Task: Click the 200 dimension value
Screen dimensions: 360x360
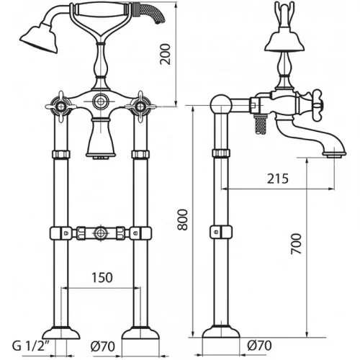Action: tap(166, 54)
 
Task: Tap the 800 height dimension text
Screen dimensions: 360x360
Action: tap(182, 220)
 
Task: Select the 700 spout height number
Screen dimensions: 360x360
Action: tap(296, 244)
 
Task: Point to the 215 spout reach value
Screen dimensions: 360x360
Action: tap(278, 179)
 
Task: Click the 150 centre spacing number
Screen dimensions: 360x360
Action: tap(102, 277)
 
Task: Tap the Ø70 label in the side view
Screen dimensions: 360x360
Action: tap(259, 346)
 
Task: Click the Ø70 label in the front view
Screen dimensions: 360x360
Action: tap(103, 346)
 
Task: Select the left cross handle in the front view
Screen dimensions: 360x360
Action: tap(60, 107)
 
